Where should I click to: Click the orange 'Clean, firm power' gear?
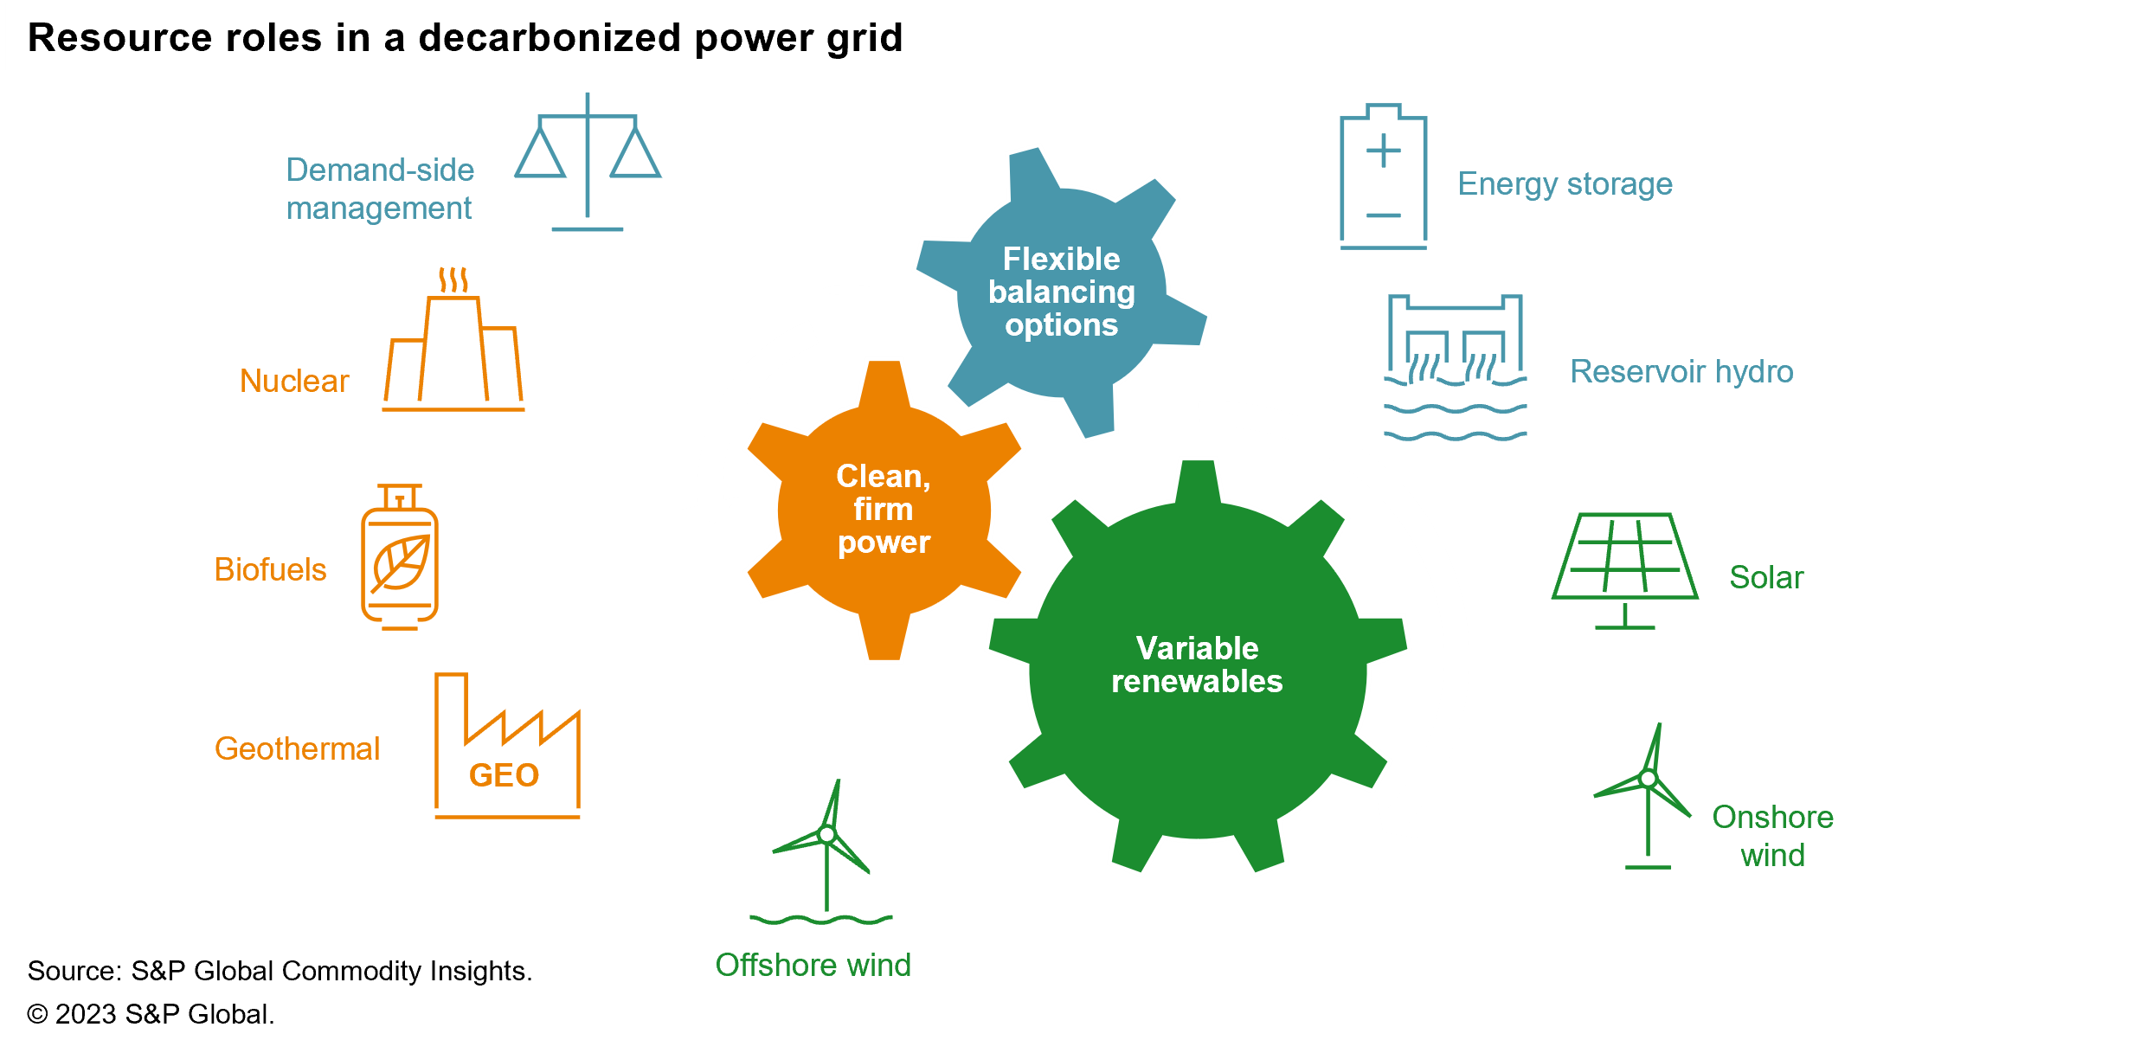(x=884, y=510)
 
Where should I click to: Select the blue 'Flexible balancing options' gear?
(x=1062, y=292)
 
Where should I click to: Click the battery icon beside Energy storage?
(x=1383, y=177)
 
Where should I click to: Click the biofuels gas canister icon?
(x=400, y=558)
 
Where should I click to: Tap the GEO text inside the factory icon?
(x=504, y=775)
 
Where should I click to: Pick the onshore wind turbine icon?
(x=1646, y=796)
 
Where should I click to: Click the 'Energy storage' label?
(x=1565, y=184)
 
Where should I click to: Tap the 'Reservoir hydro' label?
(x=1681, y=371)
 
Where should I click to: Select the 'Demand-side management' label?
(x=380, y=189)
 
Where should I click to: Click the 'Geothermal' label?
(x=297, y=748)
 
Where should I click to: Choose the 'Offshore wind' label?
(x=813, y=965)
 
